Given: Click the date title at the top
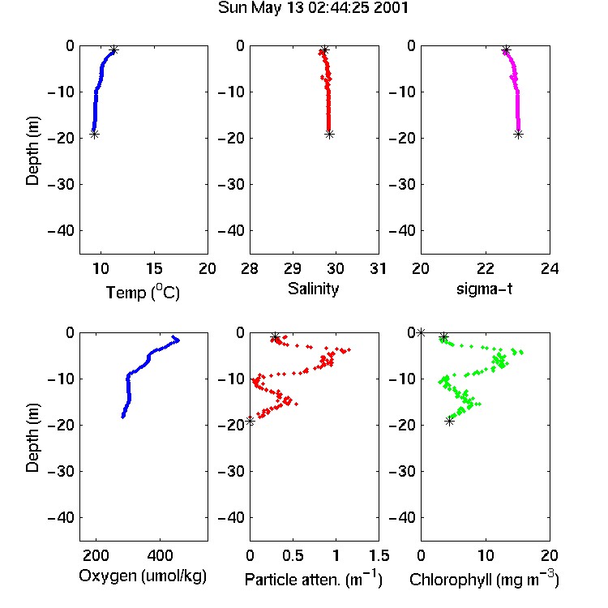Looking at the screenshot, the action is tap(313, 8).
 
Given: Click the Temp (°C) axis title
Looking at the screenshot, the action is tap(143, 292).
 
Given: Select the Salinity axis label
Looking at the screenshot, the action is tap(313, 289).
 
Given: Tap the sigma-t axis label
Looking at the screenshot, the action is tap(484, 289).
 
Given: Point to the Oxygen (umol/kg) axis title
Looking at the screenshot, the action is tap(143, 576).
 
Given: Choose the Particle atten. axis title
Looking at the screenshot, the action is tap(313, 579).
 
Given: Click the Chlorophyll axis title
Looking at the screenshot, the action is tap(484, 579).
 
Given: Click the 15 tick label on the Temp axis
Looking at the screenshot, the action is tap(154, 268).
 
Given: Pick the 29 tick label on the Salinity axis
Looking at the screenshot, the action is tap(293, 268).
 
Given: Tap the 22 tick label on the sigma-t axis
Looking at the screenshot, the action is tap(486, 268).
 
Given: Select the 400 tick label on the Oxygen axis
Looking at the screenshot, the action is tap(160, 555).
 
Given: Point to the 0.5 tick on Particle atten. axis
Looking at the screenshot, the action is tap(293, 555).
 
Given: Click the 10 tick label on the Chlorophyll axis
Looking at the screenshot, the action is tap(486, 555).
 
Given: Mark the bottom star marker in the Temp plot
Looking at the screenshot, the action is tap(94, 135).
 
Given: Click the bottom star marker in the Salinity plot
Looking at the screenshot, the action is tap(330, 135).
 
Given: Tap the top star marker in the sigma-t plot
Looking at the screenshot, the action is tap(506, 49).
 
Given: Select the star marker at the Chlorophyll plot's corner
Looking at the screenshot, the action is tap(421, 332).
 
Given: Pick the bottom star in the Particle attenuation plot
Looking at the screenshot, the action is tap(250, 421).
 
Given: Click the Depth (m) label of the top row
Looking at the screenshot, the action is tap(32, 151).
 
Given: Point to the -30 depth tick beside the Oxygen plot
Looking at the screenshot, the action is tap(61, 471).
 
